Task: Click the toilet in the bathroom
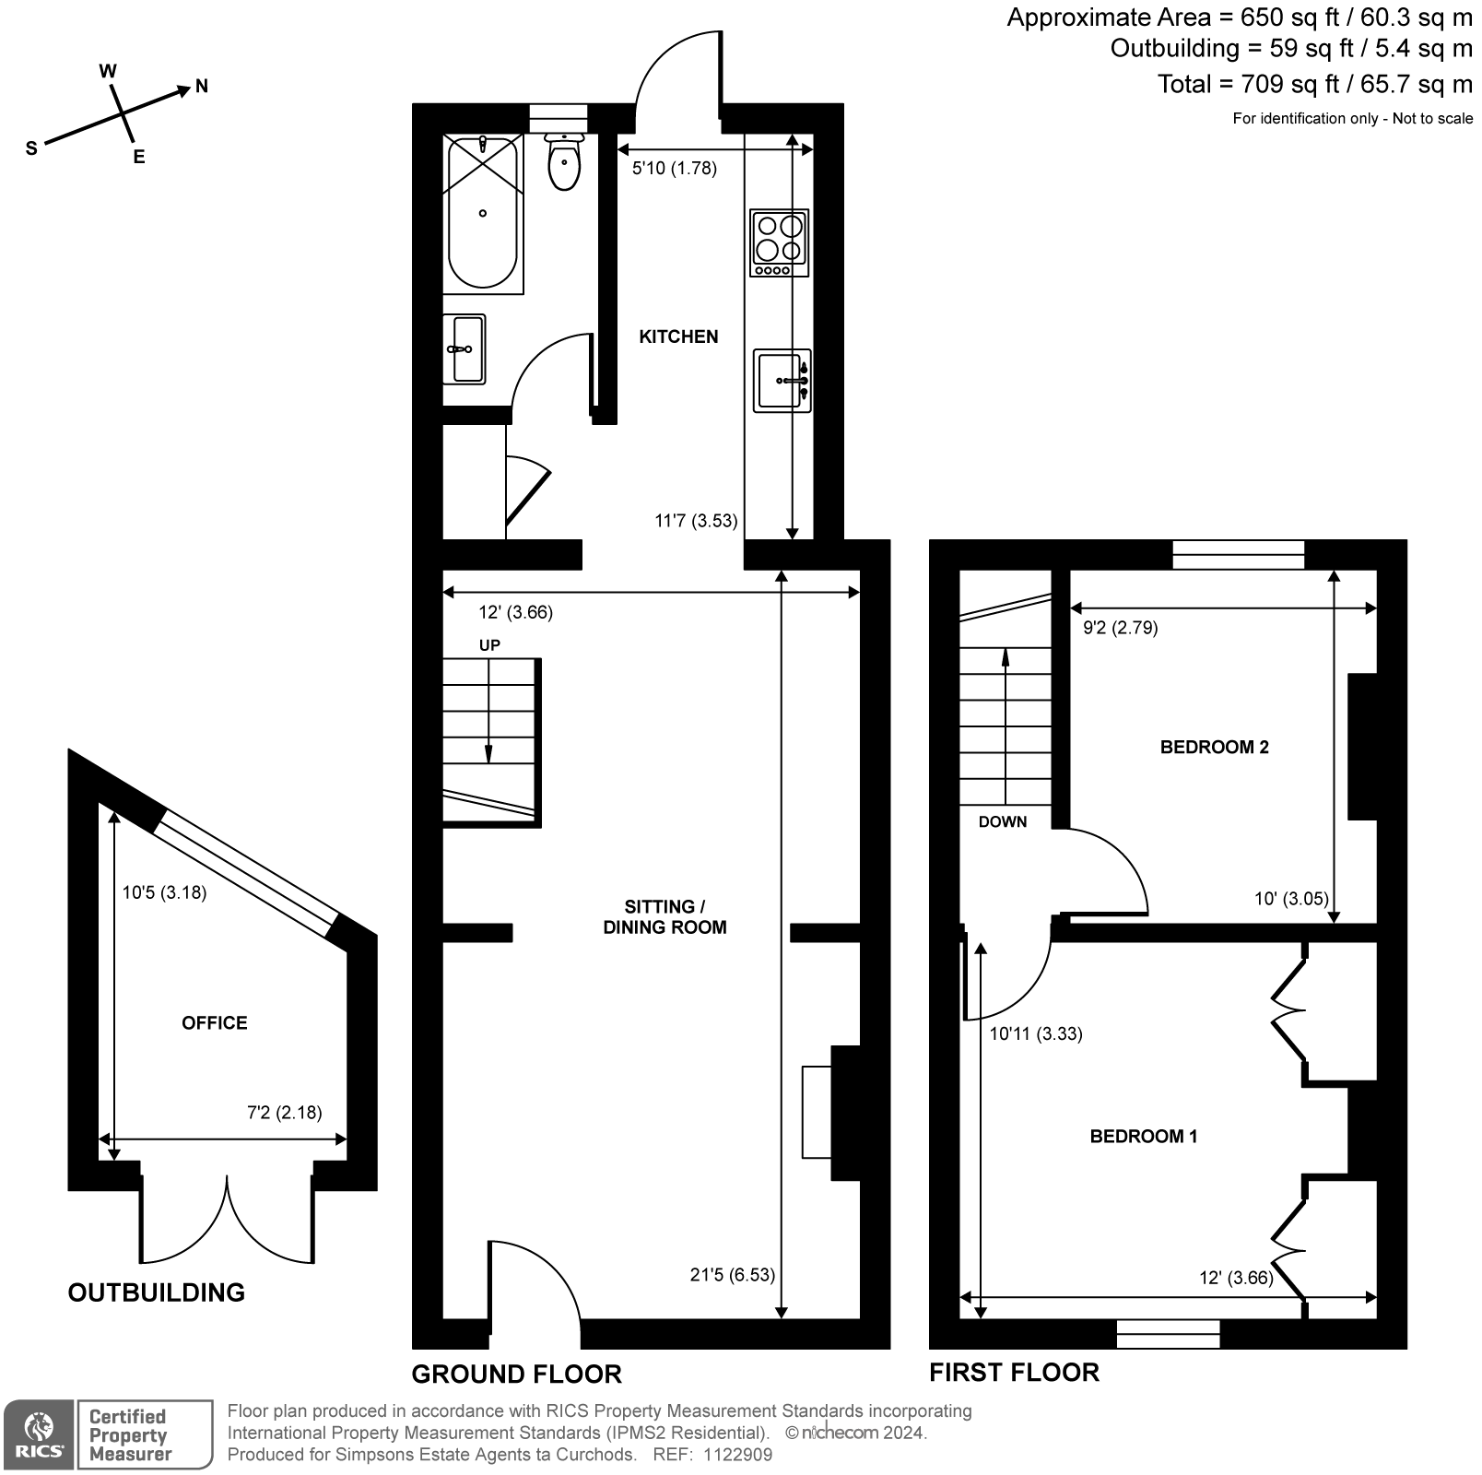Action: (x=563, y=163)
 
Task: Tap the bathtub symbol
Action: (x=482, y=214)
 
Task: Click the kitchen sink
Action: (x=782, y=380)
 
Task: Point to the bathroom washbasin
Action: (x=464, y=349)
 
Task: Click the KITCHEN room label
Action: (x=678, y=337)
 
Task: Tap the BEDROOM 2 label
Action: (x=1214, y=748)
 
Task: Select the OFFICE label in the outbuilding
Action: (x=215, y=1023)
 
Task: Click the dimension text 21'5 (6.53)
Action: (x=732, y=1275)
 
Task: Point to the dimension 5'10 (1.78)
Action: (x=674, y=169)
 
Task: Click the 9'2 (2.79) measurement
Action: (x=1120, y=628)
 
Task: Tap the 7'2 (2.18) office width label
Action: (x=284, y=1113)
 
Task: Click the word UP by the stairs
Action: (x=489, y=645)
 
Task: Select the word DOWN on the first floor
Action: (x=1002, y=822)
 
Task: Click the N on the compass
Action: (x=202, y=87)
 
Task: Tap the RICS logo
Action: (x=38, y=1435)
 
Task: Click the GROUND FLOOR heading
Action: (x=516, y=1375)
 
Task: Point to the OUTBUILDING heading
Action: (x=157, y=1292)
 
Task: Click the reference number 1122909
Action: (x=737, y=1455)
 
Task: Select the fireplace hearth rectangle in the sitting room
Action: (x=817, y=1111)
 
